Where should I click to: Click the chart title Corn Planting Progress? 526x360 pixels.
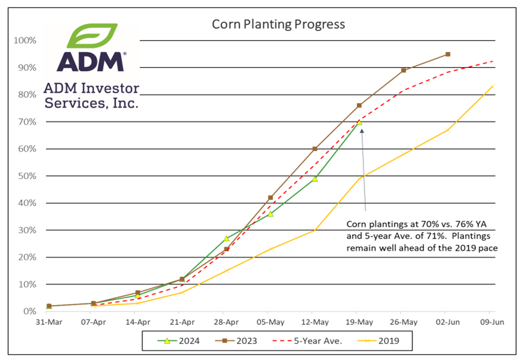point(278,24)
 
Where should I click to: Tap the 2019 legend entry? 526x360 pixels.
point(378,341)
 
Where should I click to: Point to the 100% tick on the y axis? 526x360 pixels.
point(25,40)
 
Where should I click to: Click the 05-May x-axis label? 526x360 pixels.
point(270,322)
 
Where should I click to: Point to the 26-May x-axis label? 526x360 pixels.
point(403,322)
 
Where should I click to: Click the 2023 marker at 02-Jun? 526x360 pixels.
point(448,54)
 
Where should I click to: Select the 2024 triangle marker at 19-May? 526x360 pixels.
point(359,122)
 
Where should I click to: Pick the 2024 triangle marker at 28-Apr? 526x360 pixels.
point(227,238)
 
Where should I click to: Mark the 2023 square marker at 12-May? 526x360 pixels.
point(315,149)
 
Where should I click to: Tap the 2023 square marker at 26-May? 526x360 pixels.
point(404,70)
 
